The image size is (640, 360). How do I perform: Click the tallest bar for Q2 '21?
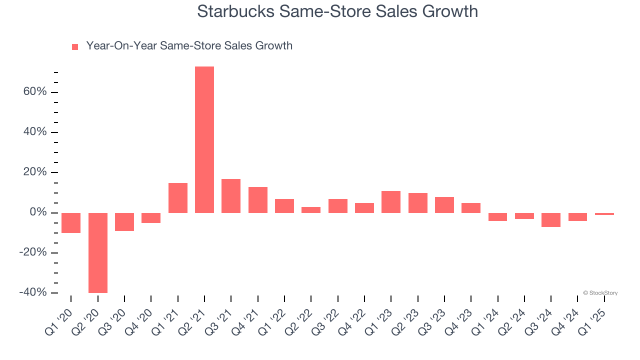(204, 139)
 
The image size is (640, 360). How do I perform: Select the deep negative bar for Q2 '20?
(97, 252)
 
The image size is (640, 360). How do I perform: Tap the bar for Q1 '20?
(71, 223)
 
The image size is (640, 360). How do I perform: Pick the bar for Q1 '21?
(177, 198)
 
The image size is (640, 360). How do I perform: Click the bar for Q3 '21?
(231, 196)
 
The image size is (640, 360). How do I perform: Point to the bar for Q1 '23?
(391, 202)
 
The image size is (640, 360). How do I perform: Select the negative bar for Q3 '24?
(551, 220)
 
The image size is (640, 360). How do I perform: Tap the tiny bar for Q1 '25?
(604, 214)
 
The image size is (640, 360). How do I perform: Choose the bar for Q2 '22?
(311, 210)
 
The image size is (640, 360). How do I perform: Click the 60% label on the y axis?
(34, 92)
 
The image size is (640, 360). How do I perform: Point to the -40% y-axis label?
(32, 292)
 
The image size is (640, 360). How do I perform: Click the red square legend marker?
(75, 47)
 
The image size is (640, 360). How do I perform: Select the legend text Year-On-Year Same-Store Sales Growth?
(189, 46)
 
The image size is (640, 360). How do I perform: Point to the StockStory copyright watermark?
(600, 293)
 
